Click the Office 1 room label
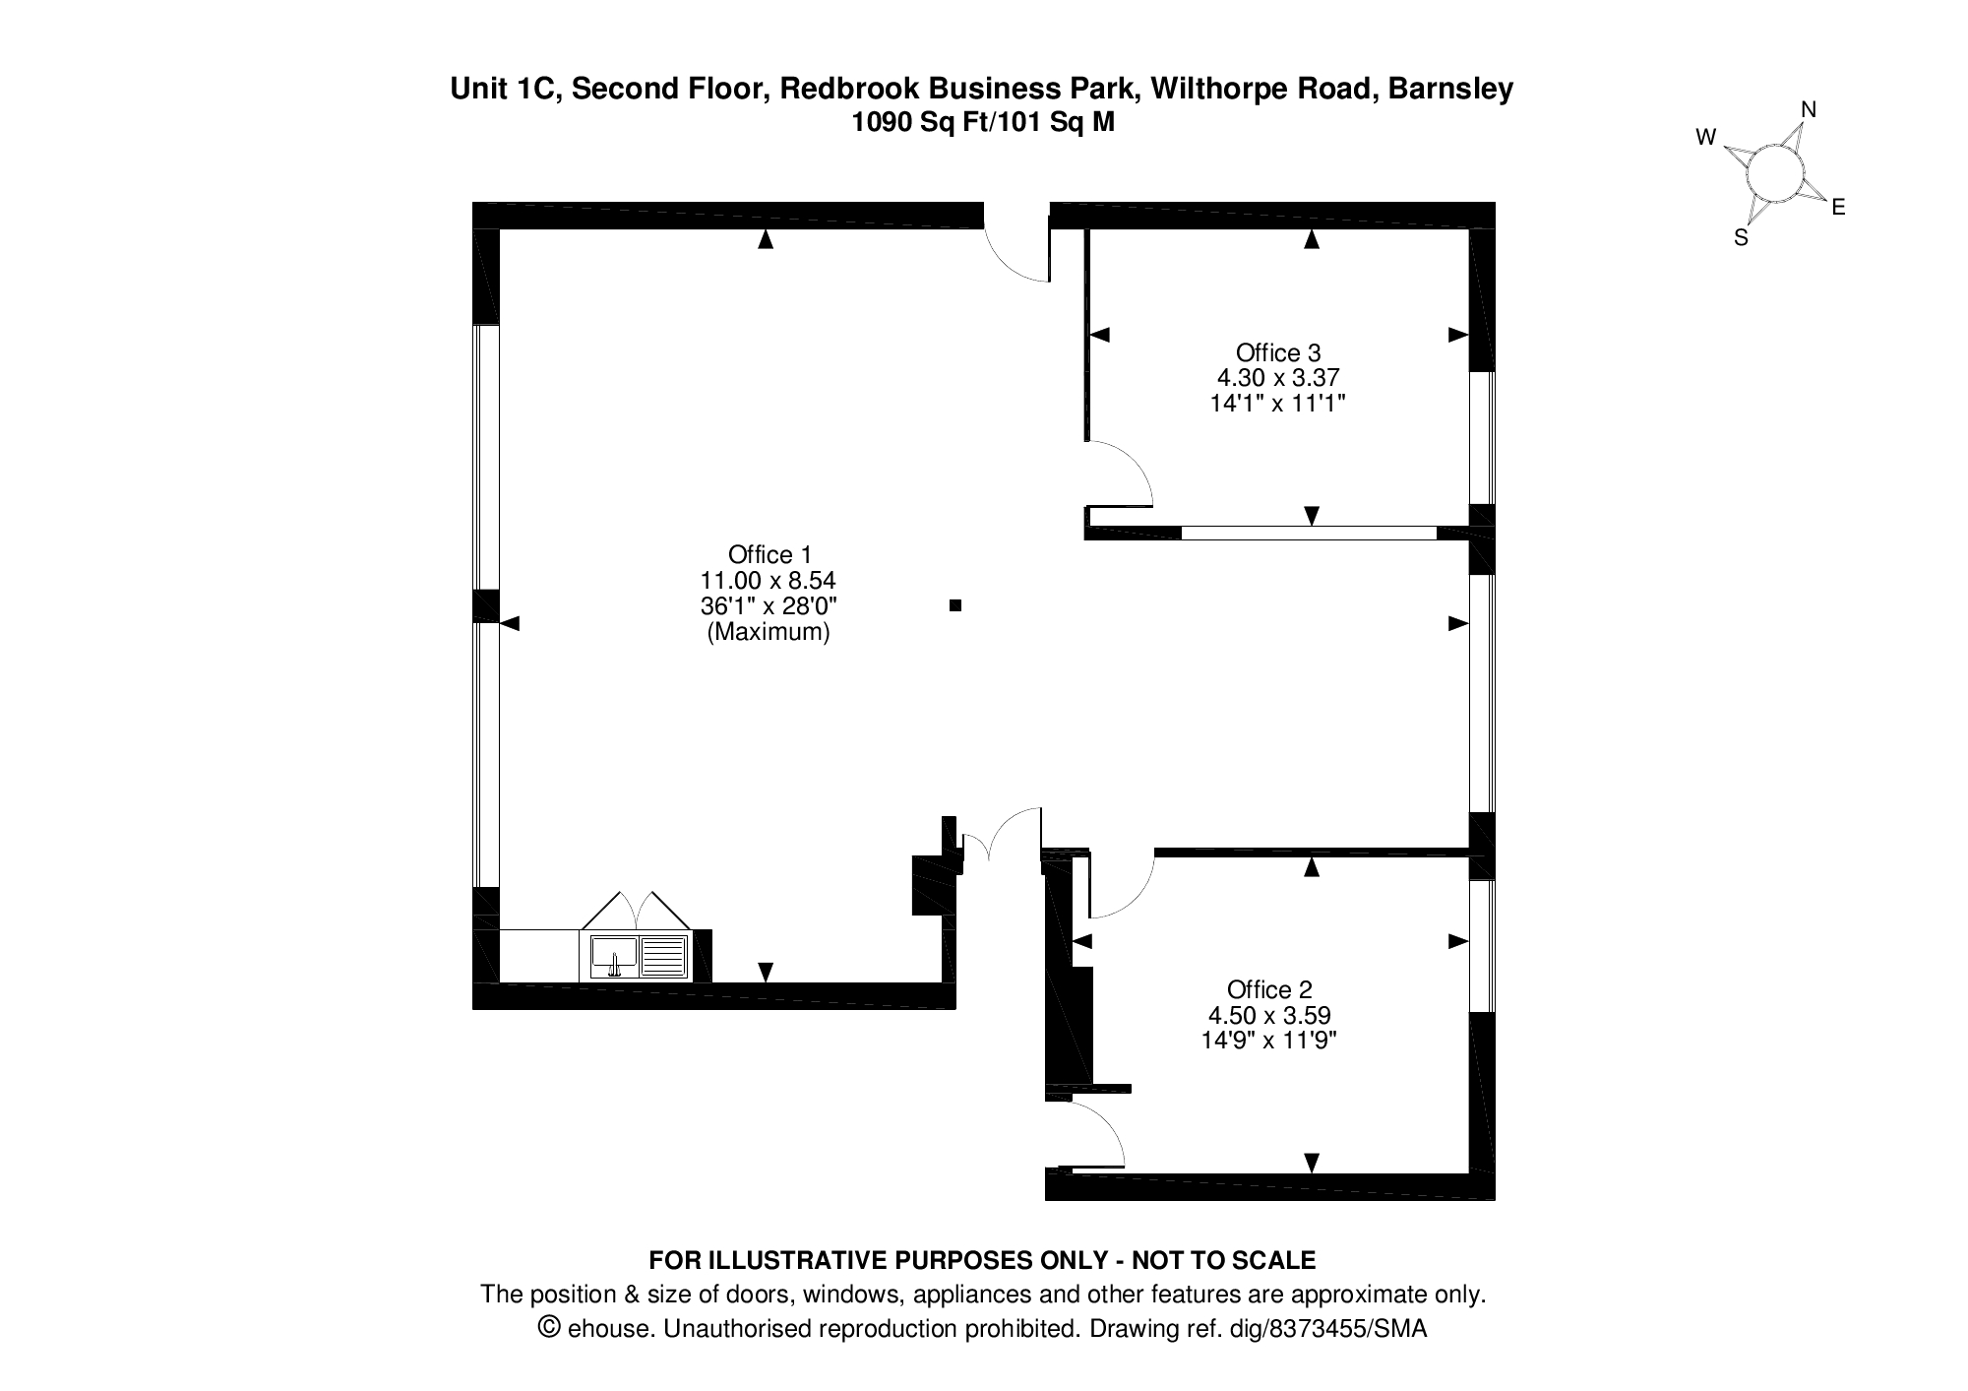pos(769,554)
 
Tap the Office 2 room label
pos(1269,989)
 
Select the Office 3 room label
pos(1278,352)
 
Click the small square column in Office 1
pos(954,605)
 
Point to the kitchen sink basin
pos(614,956)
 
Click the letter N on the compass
pos(1809,110)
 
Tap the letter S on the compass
pos(1741,237)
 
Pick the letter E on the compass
pos(1837,208)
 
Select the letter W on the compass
pos(1706,138)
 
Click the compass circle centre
pos(1775,174)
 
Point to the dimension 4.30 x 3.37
pos(1278,377)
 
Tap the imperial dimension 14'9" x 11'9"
pos(1269,1040)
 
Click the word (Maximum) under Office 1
pos(769,632)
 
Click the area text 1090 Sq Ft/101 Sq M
pos(983,123)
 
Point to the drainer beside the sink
pos(663,956)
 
